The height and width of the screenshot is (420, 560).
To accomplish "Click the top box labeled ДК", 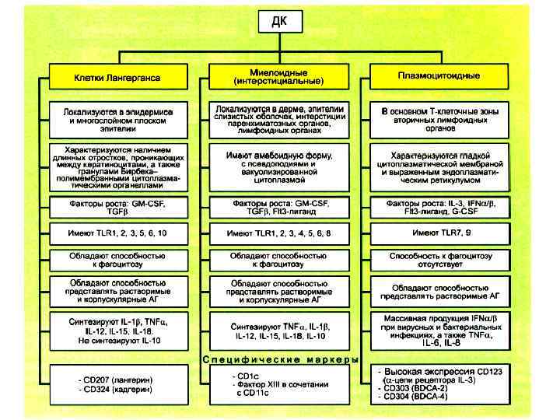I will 279,20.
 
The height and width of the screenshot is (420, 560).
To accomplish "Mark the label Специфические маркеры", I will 279,359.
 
